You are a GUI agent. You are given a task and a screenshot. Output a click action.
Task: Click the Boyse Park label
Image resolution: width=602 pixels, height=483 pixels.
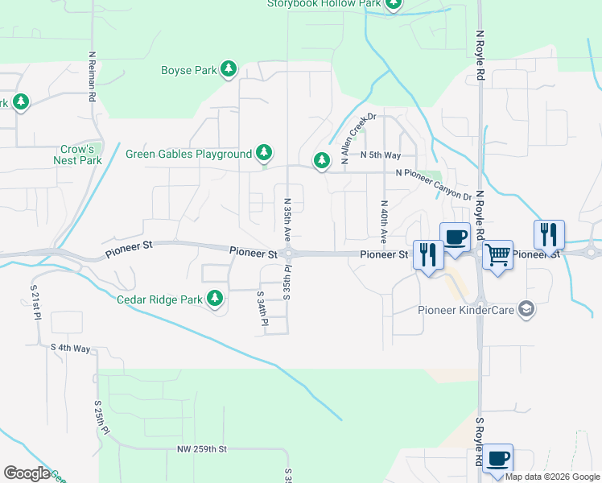coord(189,70)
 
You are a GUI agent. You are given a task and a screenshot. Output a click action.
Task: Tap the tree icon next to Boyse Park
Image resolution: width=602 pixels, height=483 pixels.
coord(229,69)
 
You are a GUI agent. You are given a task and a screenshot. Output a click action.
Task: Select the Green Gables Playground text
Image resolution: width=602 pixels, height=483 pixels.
coord(189,154)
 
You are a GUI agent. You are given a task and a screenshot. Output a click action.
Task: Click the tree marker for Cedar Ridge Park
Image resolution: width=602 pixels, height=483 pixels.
coord(215,299)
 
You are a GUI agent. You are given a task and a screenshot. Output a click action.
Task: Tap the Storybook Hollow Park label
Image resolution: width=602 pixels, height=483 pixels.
coord(324,3)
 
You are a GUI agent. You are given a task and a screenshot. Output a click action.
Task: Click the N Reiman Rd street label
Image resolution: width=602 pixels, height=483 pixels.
coord(93,77)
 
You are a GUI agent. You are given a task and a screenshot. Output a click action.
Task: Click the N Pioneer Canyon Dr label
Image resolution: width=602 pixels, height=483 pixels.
coord(433,184)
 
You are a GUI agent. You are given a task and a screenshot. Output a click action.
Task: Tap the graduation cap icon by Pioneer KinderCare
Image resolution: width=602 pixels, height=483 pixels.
coord(526,309)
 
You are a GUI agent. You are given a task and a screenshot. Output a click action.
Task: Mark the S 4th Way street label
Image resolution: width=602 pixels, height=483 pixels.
coord(71,348)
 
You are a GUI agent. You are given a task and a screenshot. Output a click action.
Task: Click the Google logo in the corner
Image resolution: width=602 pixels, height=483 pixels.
coord(27,473)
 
